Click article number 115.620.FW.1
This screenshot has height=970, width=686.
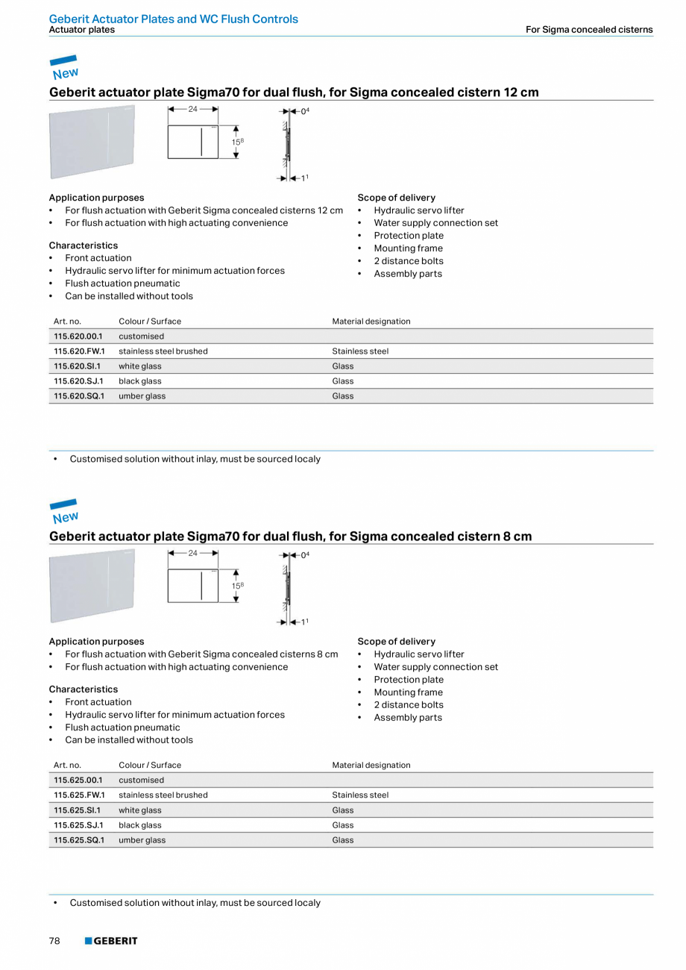pyautogui.click(x=79, y=351)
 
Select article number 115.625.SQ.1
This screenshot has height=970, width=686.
pyautogui.click(x=79, y=840)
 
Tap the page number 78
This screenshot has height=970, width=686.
pyautogui.click(x=54, y=941)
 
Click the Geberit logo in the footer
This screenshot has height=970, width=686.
pyautogui.click(x=111, y=941)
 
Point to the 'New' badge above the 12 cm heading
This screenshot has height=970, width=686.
pyautogui.click(x=64, y=68)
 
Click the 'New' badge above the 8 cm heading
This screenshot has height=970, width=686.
pyautogui.click(x=64, y=512)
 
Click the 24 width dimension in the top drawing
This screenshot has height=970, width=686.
pyautogui.click(x=192, y=109)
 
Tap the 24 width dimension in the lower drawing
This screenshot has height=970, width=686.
pyautogui.click(x=192, y=553)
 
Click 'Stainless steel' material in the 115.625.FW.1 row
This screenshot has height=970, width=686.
pyautogui.click(x=360, y=795)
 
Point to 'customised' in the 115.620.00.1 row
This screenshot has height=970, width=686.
pyautogui.click(x=141, y=337)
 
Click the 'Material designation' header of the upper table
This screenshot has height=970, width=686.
pyautogui.click(x=371, y=322)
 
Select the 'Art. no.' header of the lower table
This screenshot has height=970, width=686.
pyautogui.click(x=67, y=766)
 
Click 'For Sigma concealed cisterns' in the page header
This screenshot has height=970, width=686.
pyautogui.click(x=588, y=30)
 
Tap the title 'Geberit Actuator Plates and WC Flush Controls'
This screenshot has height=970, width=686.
pyautogui.click(x=173, y=19)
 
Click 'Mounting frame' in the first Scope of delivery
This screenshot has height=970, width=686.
pyautogui.click(x=408, y=248)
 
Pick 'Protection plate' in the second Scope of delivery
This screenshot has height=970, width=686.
pyautogui.click(x=408, y=680)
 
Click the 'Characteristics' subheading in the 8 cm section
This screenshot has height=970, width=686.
pyautogui.click(x=83, y=689)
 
